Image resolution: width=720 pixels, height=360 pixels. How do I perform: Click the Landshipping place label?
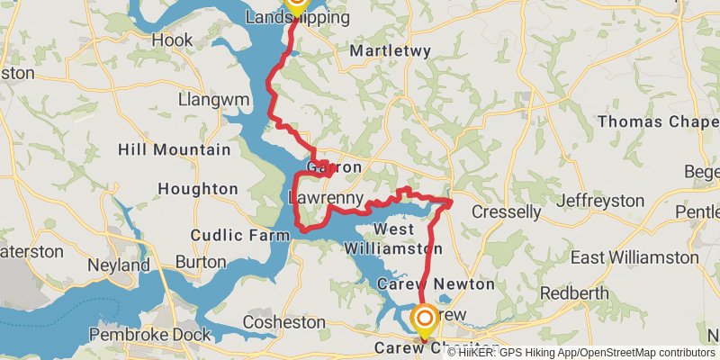(297, 18)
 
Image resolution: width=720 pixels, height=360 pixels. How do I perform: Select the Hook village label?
(172, 40)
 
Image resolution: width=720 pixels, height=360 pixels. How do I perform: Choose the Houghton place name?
(197, 189)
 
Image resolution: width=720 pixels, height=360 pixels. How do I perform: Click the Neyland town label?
(119, 266)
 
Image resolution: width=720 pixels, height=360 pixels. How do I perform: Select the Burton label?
(201, 262)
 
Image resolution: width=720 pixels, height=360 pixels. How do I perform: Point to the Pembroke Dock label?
(151, 335)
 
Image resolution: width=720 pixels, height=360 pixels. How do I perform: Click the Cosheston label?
(284, 321)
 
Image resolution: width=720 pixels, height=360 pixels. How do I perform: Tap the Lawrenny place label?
(325, 198)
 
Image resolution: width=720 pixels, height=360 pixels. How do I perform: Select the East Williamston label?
(634, 257)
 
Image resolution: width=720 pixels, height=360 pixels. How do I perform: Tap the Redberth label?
(574, 294)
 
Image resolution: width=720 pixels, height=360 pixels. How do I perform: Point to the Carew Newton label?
(435, 284)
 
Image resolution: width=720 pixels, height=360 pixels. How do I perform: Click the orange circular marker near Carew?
(424, 318)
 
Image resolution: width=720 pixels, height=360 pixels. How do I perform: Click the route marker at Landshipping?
(296, 3)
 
